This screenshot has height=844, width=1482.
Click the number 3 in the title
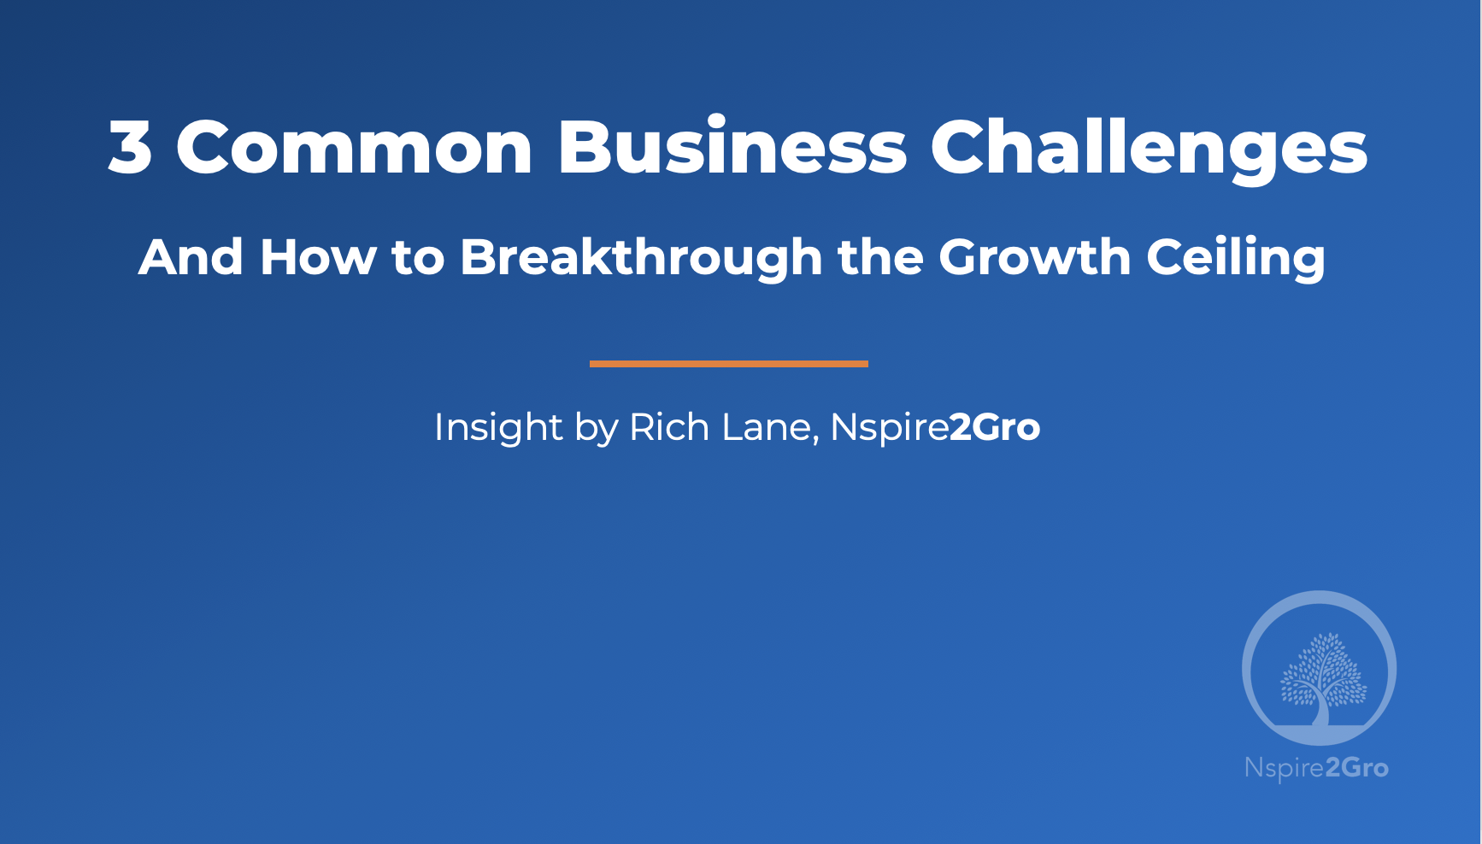click(131, 147)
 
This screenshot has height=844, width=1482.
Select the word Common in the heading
click(355, 147)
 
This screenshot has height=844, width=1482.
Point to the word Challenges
click(1149, 147)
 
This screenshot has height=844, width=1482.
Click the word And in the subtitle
click(191, 257)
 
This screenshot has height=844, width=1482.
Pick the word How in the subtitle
click(317, 257)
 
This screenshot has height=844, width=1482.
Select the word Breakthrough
click(641, 257)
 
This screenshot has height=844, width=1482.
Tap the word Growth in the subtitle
click(1034, 257)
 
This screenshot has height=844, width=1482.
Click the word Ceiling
click(1236, 257)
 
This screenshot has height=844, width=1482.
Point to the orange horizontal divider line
click(728, 364)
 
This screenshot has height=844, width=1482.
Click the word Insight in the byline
click(498, 427)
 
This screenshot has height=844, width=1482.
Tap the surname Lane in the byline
click(768, 427)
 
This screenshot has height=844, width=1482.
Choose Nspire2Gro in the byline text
click(935, 427)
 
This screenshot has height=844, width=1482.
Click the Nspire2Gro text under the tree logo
click(1316, 767)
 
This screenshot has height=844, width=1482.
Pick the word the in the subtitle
click(880, 257)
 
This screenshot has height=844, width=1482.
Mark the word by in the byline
click(596, 427)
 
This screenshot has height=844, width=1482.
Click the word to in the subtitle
click(418, 257)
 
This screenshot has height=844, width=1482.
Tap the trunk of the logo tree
click(1321, 711)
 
